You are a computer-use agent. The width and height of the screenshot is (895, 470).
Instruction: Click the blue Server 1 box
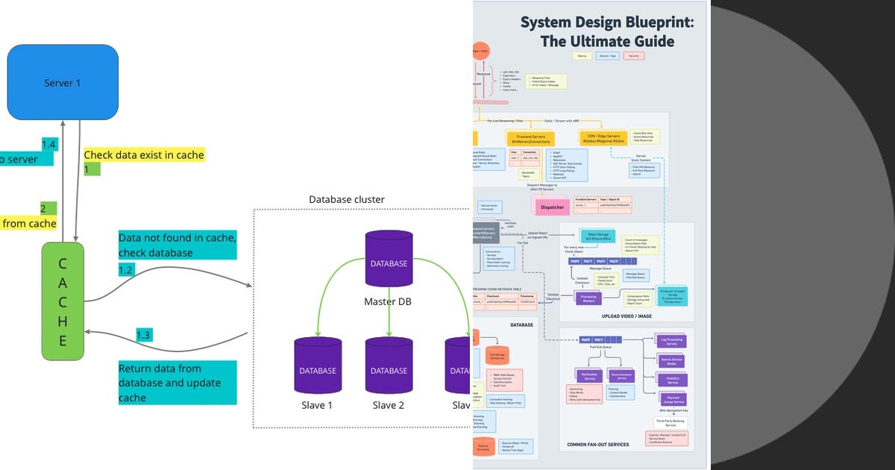[63, 83]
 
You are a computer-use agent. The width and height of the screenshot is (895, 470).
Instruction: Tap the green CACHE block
[63, 301]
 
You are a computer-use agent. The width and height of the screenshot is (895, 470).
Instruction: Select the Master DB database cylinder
[389, 260]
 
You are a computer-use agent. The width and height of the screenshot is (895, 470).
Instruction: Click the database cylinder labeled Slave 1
[317, 366]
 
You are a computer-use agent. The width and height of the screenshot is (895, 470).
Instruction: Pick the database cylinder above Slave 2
[389, 366]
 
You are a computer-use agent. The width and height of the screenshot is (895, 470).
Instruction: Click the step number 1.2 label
[127, 269]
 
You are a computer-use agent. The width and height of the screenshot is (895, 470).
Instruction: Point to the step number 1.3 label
[144, 335]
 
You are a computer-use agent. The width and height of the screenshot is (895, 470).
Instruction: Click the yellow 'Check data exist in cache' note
[143, 155]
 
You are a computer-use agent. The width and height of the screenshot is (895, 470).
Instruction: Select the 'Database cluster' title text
[347, 200]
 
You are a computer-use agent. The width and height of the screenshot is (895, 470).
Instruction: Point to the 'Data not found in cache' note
[178, 245]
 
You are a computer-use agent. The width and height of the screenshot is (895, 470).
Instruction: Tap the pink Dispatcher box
[553, 207]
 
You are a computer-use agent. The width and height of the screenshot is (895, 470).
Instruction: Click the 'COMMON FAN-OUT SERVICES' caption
[597, 445]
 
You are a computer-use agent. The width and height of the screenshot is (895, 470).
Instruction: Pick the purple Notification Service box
[590, 376]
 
